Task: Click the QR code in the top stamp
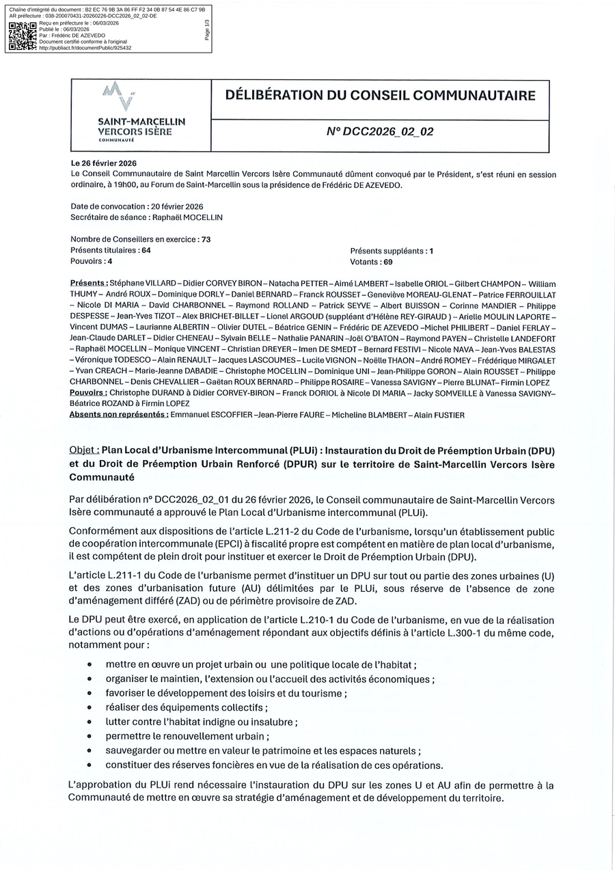(x=22, y=36)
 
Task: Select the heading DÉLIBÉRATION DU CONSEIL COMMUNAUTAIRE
(x=380, y=96)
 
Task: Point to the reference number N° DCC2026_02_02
(x=380, y=132)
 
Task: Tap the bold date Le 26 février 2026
(x=104, y=164)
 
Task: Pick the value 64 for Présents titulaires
(x=146, y=250)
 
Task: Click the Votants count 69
(x=387, y=261)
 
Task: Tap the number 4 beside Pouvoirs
(x=109, y=261)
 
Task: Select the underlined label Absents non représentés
(x=119, y=414)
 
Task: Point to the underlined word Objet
(x=84, y=451)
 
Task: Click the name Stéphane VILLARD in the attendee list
(x=142, y=283)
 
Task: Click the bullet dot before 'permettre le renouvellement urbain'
(x=90, y=737)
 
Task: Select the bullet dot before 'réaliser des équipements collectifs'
(x=90, y=708)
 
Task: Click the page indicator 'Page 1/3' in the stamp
(x=207, y=29)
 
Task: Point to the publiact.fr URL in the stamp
(x=85, y=48)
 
